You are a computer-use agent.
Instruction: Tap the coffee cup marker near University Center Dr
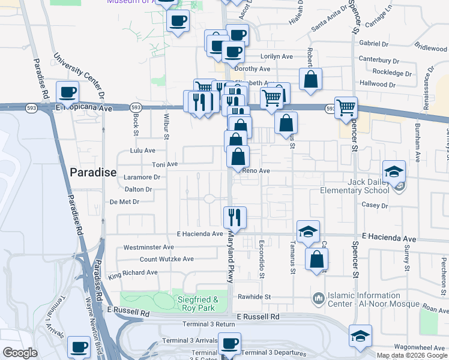[x=67, y=92]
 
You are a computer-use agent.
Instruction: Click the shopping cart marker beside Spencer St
[x=346, y=108]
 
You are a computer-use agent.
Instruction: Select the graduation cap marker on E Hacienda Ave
[x=308, y=231]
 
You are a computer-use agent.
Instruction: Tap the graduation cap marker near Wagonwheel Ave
[x=360, y=335]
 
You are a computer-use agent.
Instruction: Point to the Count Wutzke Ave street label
[x=167, y=259]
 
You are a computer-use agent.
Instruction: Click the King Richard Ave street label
[x=133, y=273]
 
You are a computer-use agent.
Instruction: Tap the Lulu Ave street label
[x=143, y=151]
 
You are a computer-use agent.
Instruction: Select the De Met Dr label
[x=125, y=202]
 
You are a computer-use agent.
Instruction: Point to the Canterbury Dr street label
[x=378, y=60]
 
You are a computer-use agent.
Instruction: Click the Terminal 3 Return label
[x=209, y=324]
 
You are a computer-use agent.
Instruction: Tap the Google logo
[x=20, y=353]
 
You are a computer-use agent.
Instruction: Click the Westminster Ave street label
[x=148, y=247]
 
